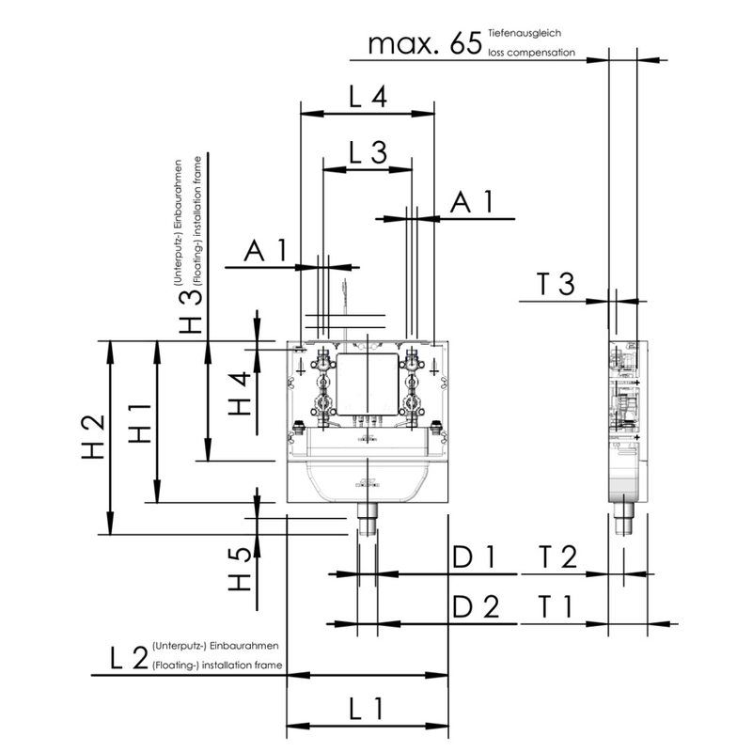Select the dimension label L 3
point(368,153)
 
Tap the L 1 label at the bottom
point(367,710)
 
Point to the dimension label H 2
point(93,436)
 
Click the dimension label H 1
point(140,424)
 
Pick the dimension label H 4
point(240,393)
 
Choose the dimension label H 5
point(240,569)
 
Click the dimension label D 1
point(474,556)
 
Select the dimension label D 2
point(476,606)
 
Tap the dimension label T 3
point(556,284)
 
